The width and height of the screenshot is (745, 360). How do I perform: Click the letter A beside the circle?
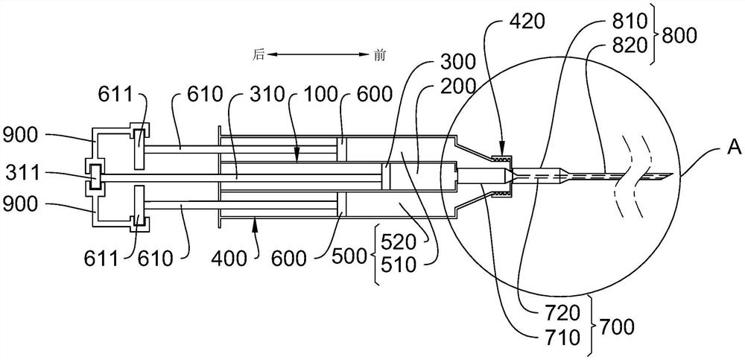click(734, 149)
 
